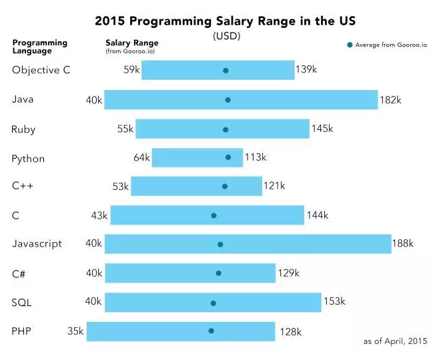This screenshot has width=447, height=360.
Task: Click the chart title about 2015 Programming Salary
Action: [226, 21]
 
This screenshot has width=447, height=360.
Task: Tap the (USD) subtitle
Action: [226, 36]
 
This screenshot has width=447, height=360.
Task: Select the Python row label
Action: [28, 159]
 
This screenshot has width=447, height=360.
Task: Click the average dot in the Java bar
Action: [228, 100]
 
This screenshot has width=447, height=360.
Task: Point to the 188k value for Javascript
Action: [403, 243]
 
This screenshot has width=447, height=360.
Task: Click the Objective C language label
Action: [41, 70]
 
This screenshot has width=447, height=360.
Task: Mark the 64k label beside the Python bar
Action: [141, 157]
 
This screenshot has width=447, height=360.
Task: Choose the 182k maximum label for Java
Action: [390, 100]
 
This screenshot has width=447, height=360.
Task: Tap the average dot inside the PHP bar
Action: [211, 331]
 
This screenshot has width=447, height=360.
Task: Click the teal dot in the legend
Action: [349, 45]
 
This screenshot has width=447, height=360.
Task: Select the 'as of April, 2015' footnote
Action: [395, 341]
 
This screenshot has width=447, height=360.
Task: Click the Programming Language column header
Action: [39, 47]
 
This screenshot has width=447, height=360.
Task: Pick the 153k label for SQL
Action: [334, 301]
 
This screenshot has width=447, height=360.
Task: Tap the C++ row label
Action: [23, 187]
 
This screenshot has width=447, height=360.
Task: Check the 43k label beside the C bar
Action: [100, 215]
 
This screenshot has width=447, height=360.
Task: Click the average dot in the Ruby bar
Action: [226, 130]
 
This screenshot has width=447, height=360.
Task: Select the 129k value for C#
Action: [288, 273]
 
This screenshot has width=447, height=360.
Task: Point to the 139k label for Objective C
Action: [307, 69]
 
